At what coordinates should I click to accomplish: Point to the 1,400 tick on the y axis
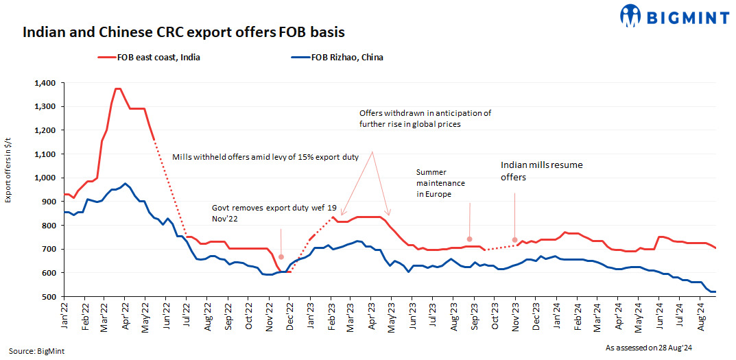click(x=46, y=83)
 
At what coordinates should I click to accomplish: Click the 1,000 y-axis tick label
click(x=46, y=178)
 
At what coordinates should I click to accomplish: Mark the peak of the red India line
click(x=117, y=88)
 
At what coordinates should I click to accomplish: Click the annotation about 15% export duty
click(x=265, y=158)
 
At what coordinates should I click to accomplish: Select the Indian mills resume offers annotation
click(x=542, y=171)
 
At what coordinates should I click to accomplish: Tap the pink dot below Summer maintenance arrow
click(x=469, y=239)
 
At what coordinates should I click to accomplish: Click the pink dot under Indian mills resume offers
click(x=514, y=240)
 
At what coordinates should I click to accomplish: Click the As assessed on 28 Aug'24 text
click(x=647, y=348)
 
